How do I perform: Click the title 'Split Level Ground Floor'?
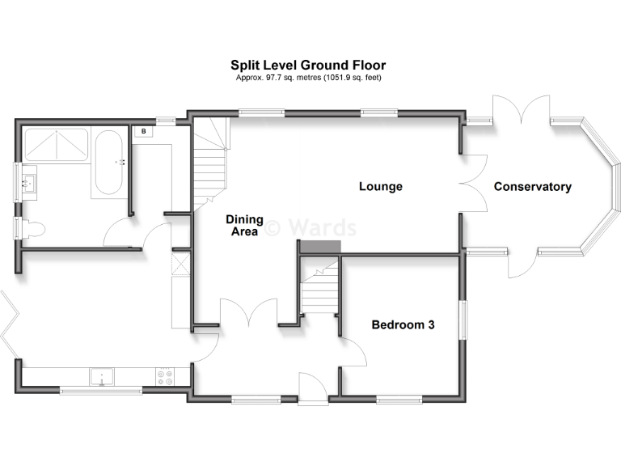308,65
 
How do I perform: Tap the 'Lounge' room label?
381,187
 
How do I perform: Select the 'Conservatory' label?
532,187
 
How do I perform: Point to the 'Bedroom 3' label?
403,325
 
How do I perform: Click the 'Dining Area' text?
242,226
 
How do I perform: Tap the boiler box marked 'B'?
144,131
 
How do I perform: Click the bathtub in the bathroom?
108,164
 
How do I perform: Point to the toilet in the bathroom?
30,229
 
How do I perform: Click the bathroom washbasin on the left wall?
28,184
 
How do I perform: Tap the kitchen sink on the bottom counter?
102,375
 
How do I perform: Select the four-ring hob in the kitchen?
164,375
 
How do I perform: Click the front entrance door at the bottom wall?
311,388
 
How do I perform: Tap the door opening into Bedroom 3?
353,351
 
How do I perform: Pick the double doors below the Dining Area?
248,316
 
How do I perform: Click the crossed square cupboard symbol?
181,265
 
